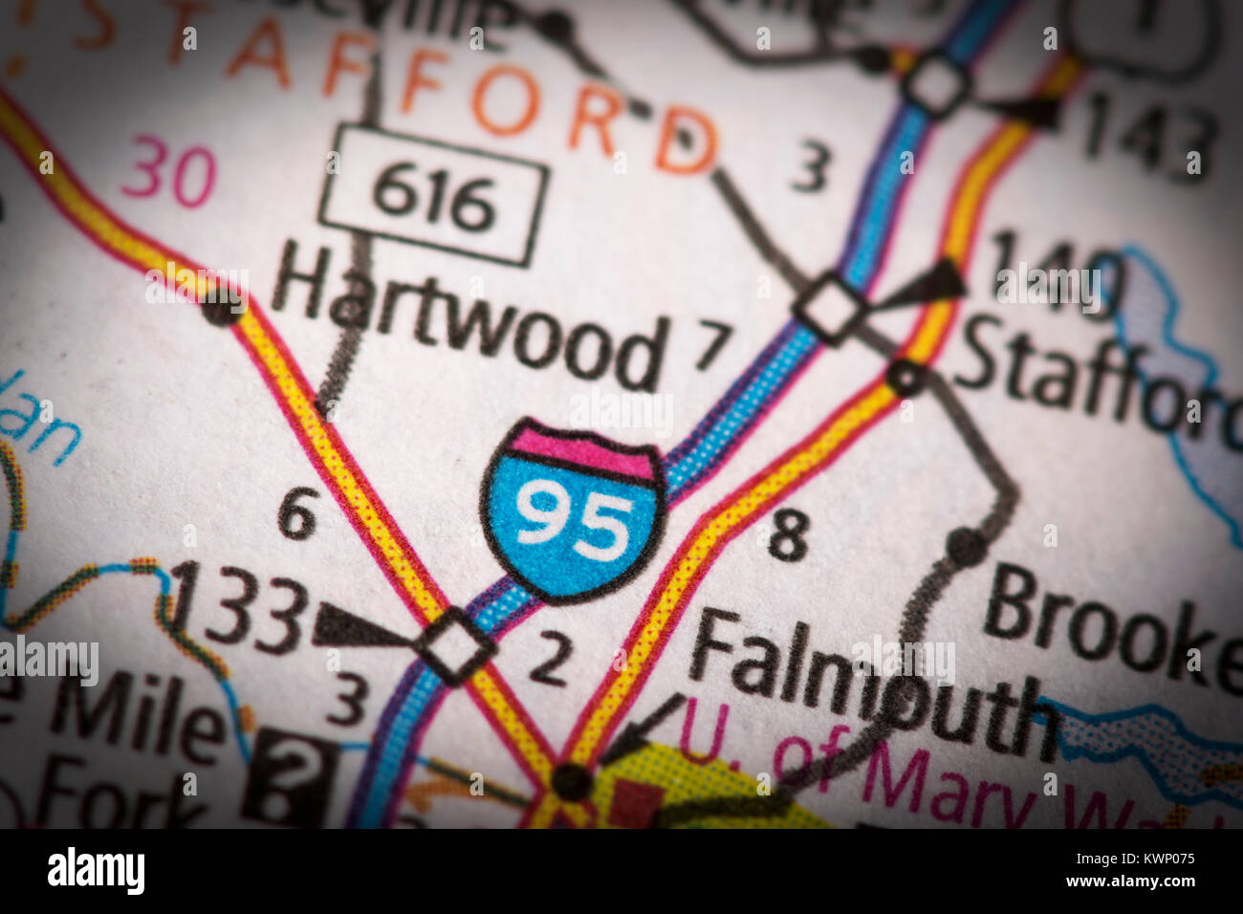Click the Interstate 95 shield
click(573, 511)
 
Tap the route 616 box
click(433, 196)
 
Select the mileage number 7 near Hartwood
click(713, 345)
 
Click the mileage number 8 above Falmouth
click(789, 535)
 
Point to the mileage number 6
click(297, 517)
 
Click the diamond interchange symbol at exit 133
click(455, 645)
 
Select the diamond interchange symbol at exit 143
click(936, 85)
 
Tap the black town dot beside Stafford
click(905, 379)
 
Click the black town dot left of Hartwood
click(221, 307)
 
